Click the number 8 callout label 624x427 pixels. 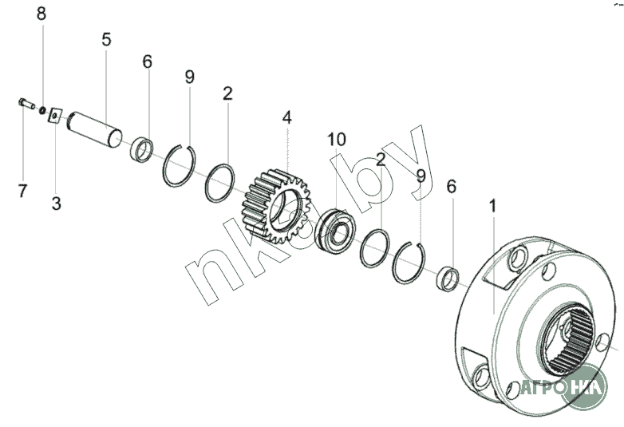pos(41,14)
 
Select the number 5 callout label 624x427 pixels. pos(105,39)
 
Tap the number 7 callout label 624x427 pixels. pos(22,191)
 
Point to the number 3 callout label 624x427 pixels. pos(56,204)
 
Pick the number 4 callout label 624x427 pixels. pos(286,117)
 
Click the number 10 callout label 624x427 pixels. pos(336,140)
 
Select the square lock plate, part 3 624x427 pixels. pos(53,115)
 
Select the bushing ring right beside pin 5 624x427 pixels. pos(142,148)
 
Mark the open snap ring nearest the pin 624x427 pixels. pos(184,165)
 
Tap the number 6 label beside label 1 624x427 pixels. pos(451,187)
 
